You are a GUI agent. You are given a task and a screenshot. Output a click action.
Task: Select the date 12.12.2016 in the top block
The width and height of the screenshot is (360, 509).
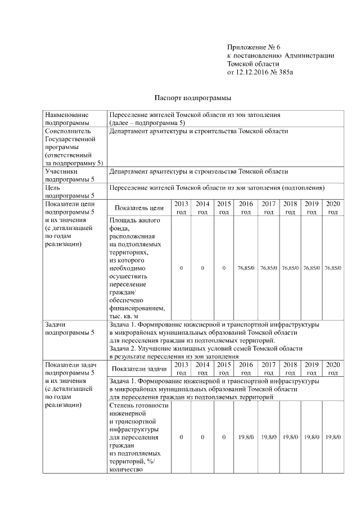pyautogui.click(x=251, y=73)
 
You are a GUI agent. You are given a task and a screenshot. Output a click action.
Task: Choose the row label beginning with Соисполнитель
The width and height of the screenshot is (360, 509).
pyautogui.click(x=71, y=131)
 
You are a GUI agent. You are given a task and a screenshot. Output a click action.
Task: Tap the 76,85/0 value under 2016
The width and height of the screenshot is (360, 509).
pyautogui.click(x=246, y=269)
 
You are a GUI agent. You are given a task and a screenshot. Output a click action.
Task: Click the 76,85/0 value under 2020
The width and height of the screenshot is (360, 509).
pyautogui.click(x=333, y=269)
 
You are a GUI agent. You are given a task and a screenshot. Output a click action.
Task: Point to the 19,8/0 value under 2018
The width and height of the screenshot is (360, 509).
pyautogui.click(x=290, y=437)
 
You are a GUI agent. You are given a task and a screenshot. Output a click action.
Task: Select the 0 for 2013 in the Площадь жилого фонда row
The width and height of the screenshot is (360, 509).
pyautogui.click(x=181, y=269)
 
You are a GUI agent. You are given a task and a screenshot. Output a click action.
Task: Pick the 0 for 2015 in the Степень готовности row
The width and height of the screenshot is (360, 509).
pyautogui.click(x=224, y=437)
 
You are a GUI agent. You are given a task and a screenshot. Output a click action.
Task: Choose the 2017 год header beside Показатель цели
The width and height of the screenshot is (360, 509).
pyautogui.click(x=269, y=208)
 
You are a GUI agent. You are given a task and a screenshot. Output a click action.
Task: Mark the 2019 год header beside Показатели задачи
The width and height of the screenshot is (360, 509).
pyautogui.click(x=312, y=368)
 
